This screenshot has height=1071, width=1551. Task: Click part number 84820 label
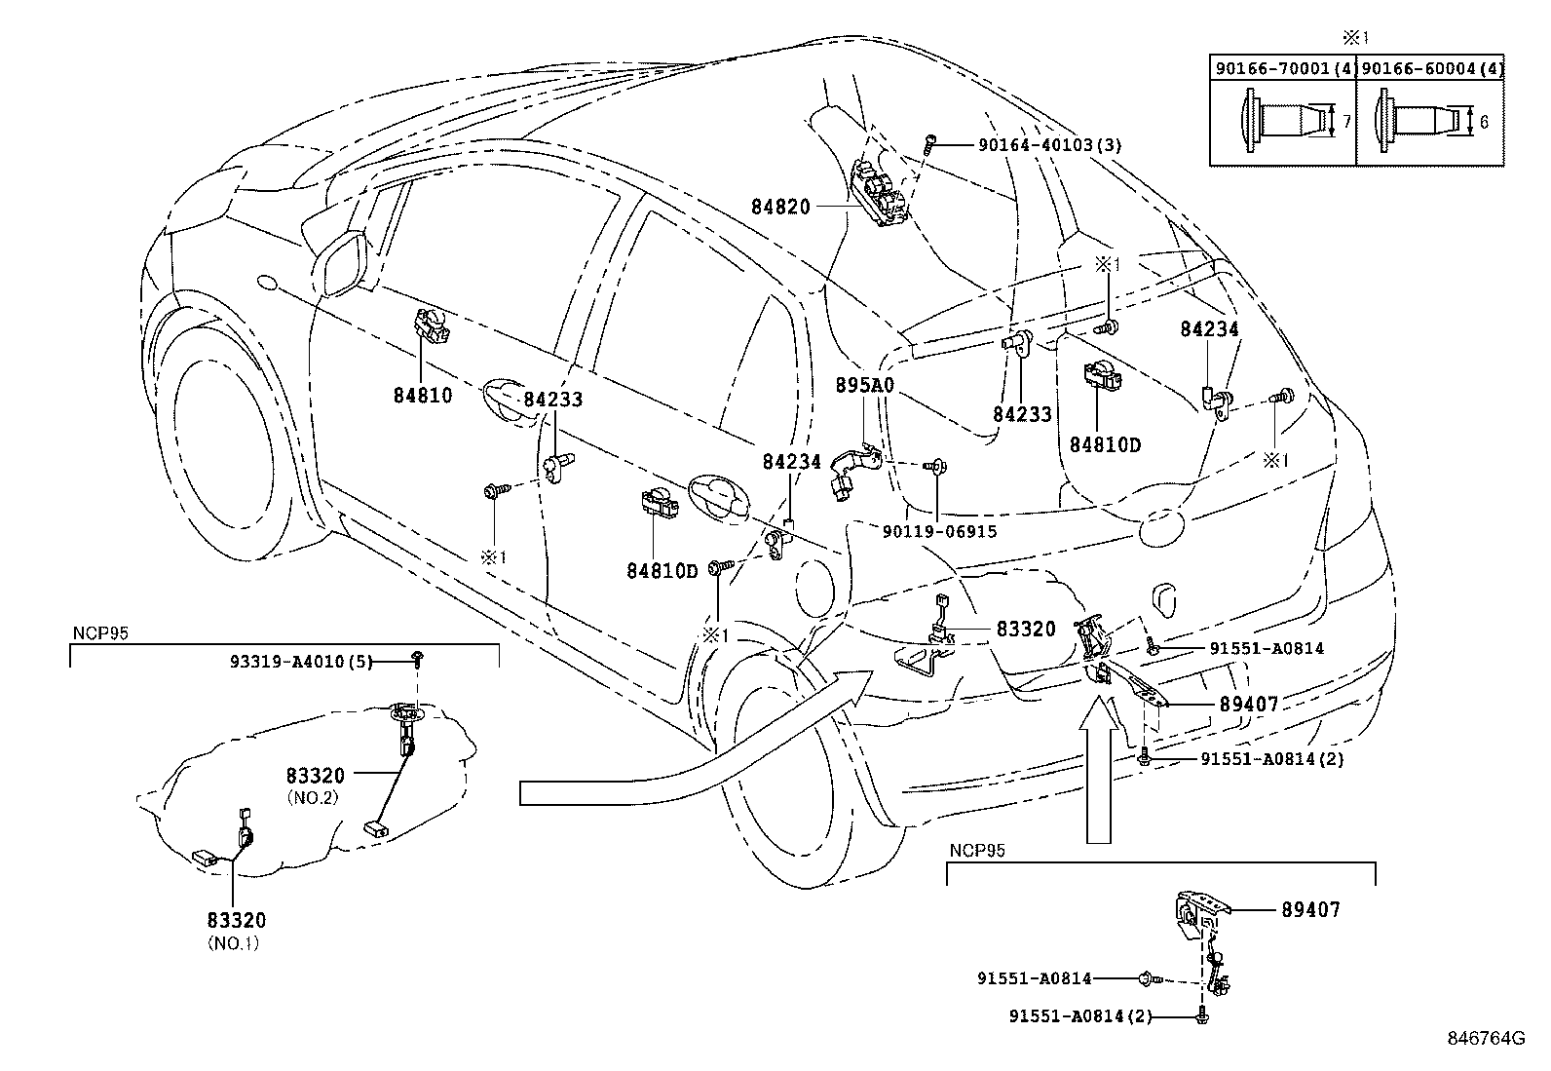tap(778, 207)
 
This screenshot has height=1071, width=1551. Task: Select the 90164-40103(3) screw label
tap(1049, 146)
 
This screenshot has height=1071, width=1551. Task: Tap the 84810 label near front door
tap(423, 396)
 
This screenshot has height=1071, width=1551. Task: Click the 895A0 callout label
tap(864, 386)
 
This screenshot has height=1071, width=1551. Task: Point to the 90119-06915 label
tap(939, 531)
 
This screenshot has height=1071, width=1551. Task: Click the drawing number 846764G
tap(1484, 1039)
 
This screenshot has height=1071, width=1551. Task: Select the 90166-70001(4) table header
tap(1283, 68)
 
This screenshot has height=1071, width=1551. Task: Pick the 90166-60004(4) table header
tap(1431, 68)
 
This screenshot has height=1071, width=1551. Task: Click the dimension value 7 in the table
tap(1345, 122)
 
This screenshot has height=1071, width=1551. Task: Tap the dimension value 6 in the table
tap(1484, 122)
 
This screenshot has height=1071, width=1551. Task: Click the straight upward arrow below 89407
tap(1098, 780)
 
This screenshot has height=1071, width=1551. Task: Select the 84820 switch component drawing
tap(882, 195)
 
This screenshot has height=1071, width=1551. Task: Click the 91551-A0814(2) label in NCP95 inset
tap(1080, 1016)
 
